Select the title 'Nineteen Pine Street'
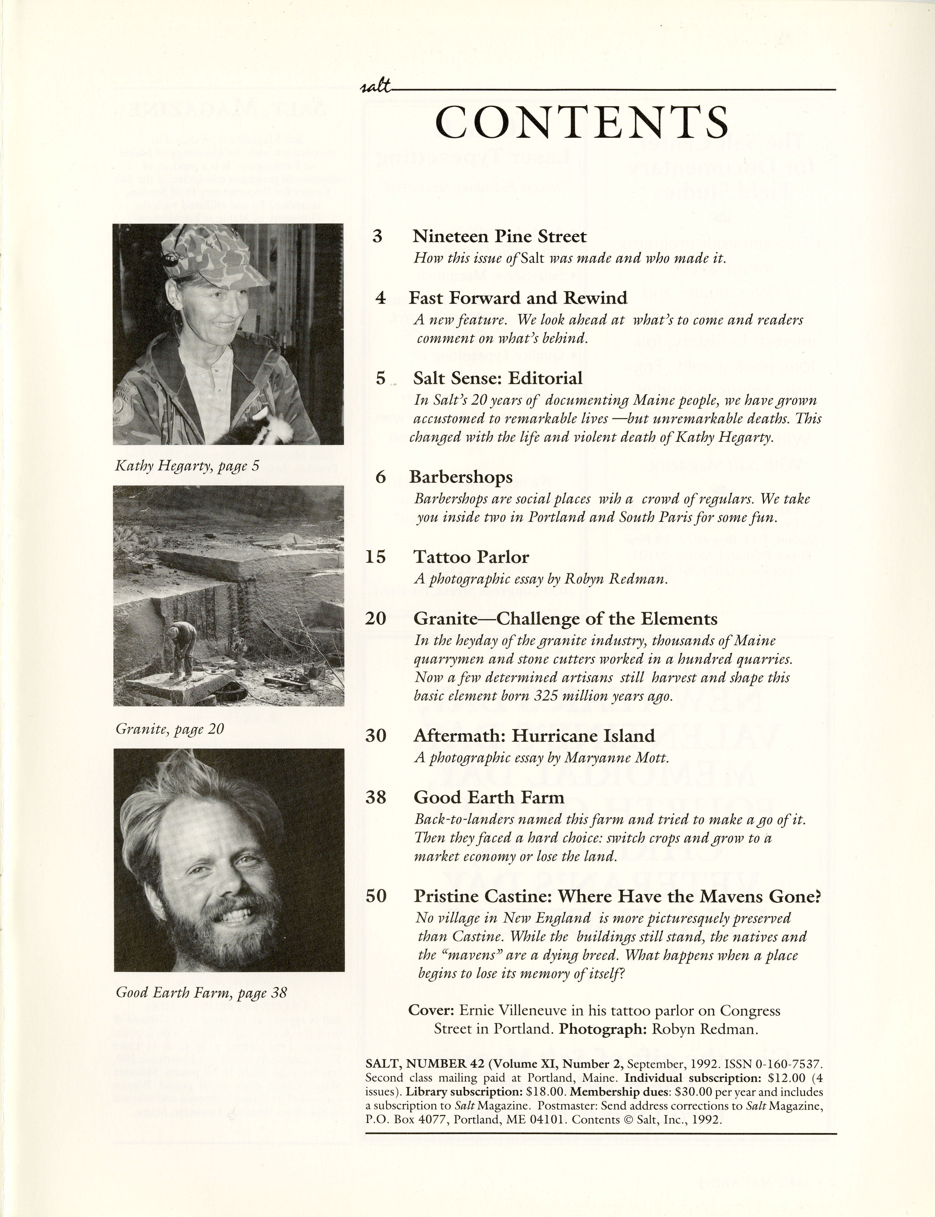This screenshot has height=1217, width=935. pyautogui.click(x=499, y=237)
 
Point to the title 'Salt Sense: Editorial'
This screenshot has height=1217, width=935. pyautogui.click(x=497, y=378)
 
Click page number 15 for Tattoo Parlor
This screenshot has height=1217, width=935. pyautogui.click(x=376, y=557)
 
